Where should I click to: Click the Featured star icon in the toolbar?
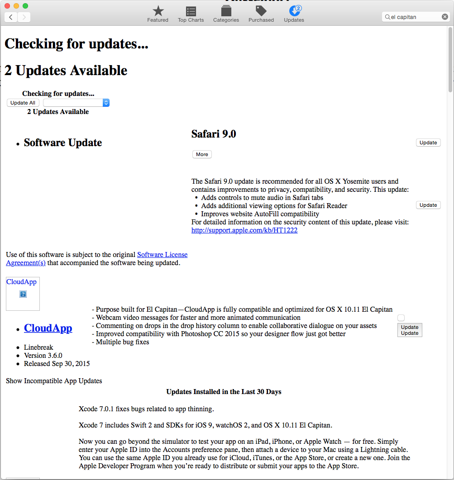pos(158,11)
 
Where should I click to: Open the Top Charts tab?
pos(191,11)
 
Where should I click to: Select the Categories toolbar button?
pos(226,11)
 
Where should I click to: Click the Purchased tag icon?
pos(261,11)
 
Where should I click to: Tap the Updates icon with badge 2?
pos(294,11)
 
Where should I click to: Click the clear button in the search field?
pos(445,17)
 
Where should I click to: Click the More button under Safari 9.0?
pos(202,154)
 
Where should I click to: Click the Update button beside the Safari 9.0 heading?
pos(428,143)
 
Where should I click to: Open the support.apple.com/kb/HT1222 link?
pos(244,230)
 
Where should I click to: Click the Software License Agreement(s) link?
pos(162,255)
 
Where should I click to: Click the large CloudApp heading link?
pos(48,328)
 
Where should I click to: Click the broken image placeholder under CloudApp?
pos(23,294)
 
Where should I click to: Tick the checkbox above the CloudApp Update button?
pos(401,318)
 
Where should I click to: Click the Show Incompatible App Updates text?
pos(54,381)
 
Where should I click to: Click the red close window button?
pos(7,6)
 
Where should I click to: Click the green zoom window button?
pos(25,6)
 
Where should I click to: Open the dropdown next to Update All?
pos(76,103)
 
